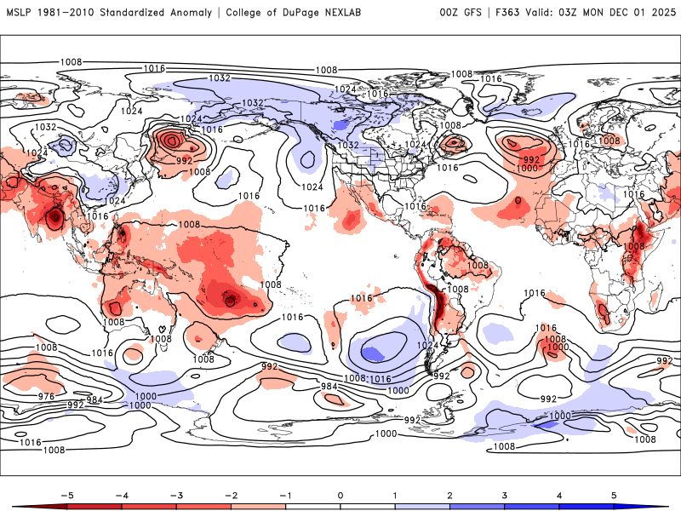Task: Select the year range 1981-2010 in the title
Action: [x=70, y=12]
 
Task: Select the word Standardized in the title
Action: [x=140, y=12]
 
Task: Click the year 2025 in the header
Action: [x=661, y=12]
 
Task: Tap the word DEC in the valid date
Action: [x=618, y=12]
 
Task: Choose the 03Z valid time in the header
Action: [x=576, y=12]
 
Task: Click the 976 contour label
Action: [x=46, y=396]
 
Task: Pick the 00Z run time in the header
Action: [x=449, y=12]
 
